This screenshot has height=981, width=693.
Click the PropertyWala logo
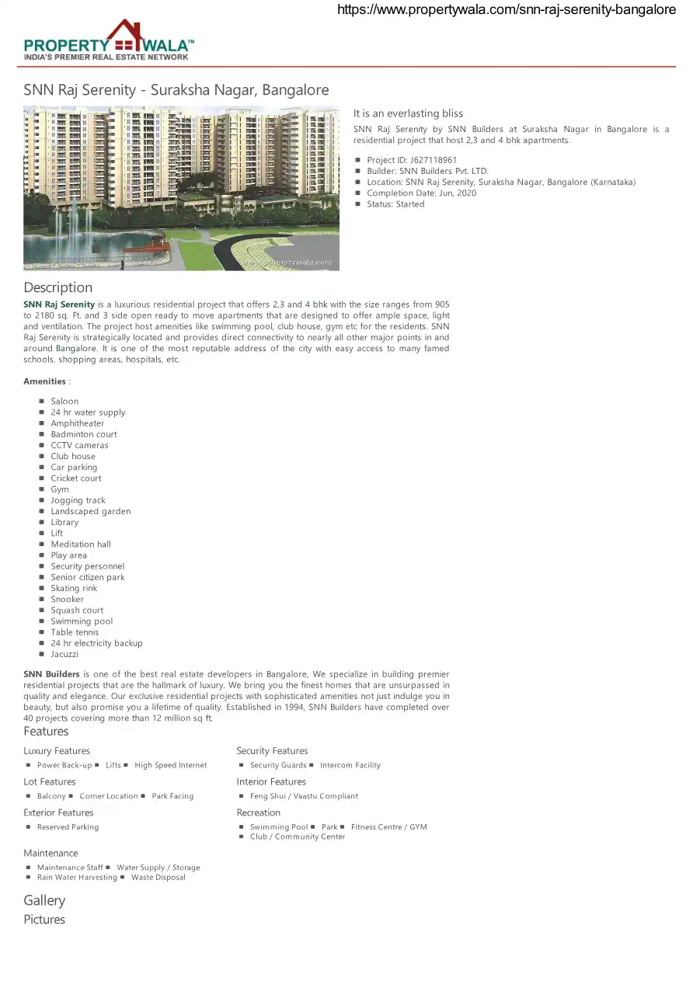coord(109,40)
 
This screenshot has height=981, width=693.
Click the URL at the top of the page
coord(506,10)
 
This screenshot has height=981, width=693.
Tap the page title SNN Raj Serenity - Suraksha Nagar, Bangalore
coord(176,90)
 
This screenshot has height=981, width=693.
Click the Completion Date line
coord(421,193)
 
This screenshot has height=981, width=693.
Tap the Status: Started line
coord(395,204)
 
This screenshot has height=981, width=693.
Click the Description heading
coord(57,287)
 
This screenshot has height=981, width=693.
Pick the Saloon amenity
coord(64,402)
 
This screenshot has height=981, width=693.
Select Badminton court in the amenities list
coord(84,434)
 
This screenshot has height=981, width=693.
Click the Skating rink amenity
coord(74,588)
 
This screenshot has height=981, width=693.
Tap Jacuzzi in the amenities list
coord(64,654)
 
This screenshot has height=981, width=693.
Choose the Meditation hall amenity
coord(81,544)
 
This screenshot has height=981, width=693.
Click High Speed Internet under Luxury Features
coord(170,765)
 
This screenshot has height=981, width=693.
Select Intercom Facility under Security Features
coord(350,765)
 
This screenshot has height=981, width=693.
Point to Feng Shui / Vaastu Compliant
coord(304,796)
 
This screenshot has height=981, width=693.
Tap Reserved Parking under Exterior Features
coord(68,827)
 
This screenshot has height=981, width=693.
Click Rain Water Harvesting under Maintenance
coord(77,878)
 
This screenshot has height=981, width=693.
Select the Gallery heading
coord(44,900)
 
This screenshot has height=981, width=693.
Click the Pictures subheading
coord(44,920)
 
